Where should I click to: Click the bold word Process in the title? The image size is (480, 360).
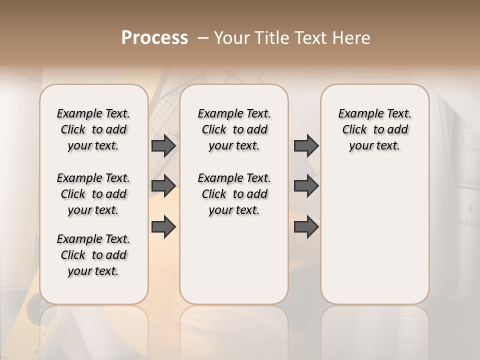pyautogui.click(x=154, y=37)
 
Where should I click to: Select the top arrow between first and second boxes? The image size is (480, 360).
pyautogui.click(x=163, y=145)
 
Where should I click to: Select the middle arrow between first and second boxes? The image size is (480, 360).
pyautogui.click(x=163, y=186)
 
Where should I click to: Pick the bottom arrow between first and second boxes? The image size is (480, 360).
pyautogui.click(x=163, y=226)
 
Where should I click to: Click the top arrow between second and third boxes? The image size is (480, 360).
pyautogui.click(x=306, y=145)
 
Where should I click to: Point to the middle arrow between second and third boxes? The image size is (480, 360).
pyautogui.click(x=306, y=186)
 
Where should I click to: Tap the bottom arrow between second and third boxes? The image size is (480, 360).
pyautogui.click(x=306, y=226)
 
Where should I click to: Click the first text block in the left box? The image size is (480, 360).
pyautogui.click(x=93, y=129)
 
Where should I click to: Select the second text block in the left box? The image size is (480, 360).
pyautogui.click(x=93, y=194)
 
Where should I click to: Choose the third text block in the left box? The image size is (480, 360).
pyautogui.click(x=93, y=255)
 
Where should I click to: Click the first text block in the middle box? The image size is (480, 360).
pyautogui.click(x=234, y=129)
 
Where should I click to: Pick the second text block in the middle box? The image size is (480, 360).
pyautogui.click(x=234, y=194)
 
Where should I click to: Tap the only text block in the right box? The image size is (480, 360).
pyautogui.click(x=374, y=129)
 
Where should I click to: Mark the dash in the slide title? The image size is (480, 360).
pyautogui.click(x=203, y=37)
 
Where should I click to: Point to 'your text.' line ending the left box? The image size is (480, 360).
pyautogui.click(x=93, y=271)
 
